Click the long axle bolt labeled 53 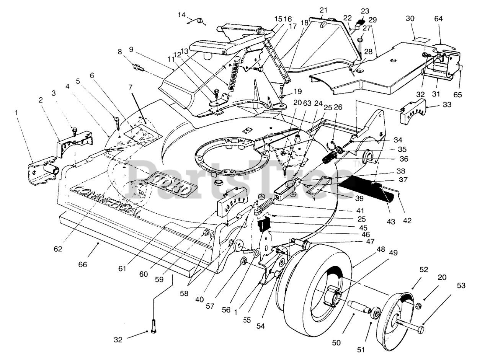(x=410, y=324)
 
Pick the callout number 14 (x=181, y=15)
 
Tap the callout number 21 (x=323, y=9)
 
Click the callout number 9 (x=131, y=49)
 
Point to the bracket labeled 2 (x=75, y=142)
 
